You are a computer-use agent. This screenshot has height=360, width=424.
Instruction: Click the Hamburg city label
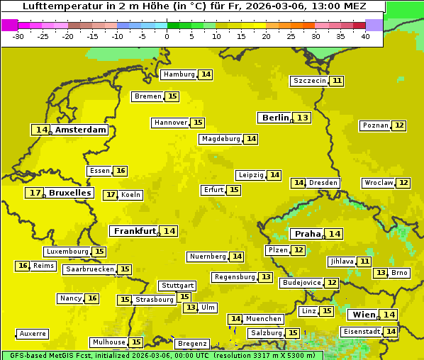coord(179,74)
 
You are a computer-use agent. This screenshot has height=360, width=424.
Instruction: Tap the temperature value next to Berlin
coord(303,118)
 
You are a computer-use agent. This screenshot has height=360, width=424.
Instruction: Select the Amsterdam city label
coord(80,130)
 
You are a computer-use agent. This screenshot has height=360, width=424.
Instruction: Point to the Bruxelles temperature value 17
coord(34,193)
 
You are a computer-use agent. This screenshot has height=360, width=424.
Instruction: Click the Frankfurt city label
coord(134,231)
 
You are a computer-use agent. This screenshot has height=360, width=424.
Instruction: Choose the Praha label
coord(308,234)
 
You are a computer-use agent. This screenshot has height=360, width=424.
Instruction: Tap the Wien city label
coord(364,315)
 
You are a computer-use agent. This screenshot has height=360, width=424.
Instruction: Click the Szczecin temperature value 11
coord(337,81)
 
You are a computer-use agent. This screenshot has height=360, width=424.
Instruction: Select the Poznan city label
coord(375,125)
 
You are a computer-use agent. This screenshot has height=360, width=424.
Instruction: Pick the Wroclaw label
coord(378,183)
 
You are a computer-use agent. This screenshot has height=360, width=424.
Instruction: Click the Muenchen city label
coord(263,319)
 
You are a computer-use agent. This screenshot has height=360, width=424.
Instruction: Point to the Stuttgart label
coord(177,286)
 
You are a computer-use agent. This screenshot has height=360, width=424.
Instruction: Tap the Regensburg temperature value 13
coord(266,277)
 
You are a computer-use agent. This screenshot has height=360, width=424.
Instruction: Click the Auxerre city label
coord(33,334)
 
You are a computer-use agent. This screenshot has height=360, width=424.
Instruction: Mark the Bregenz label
coord(192,344)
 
